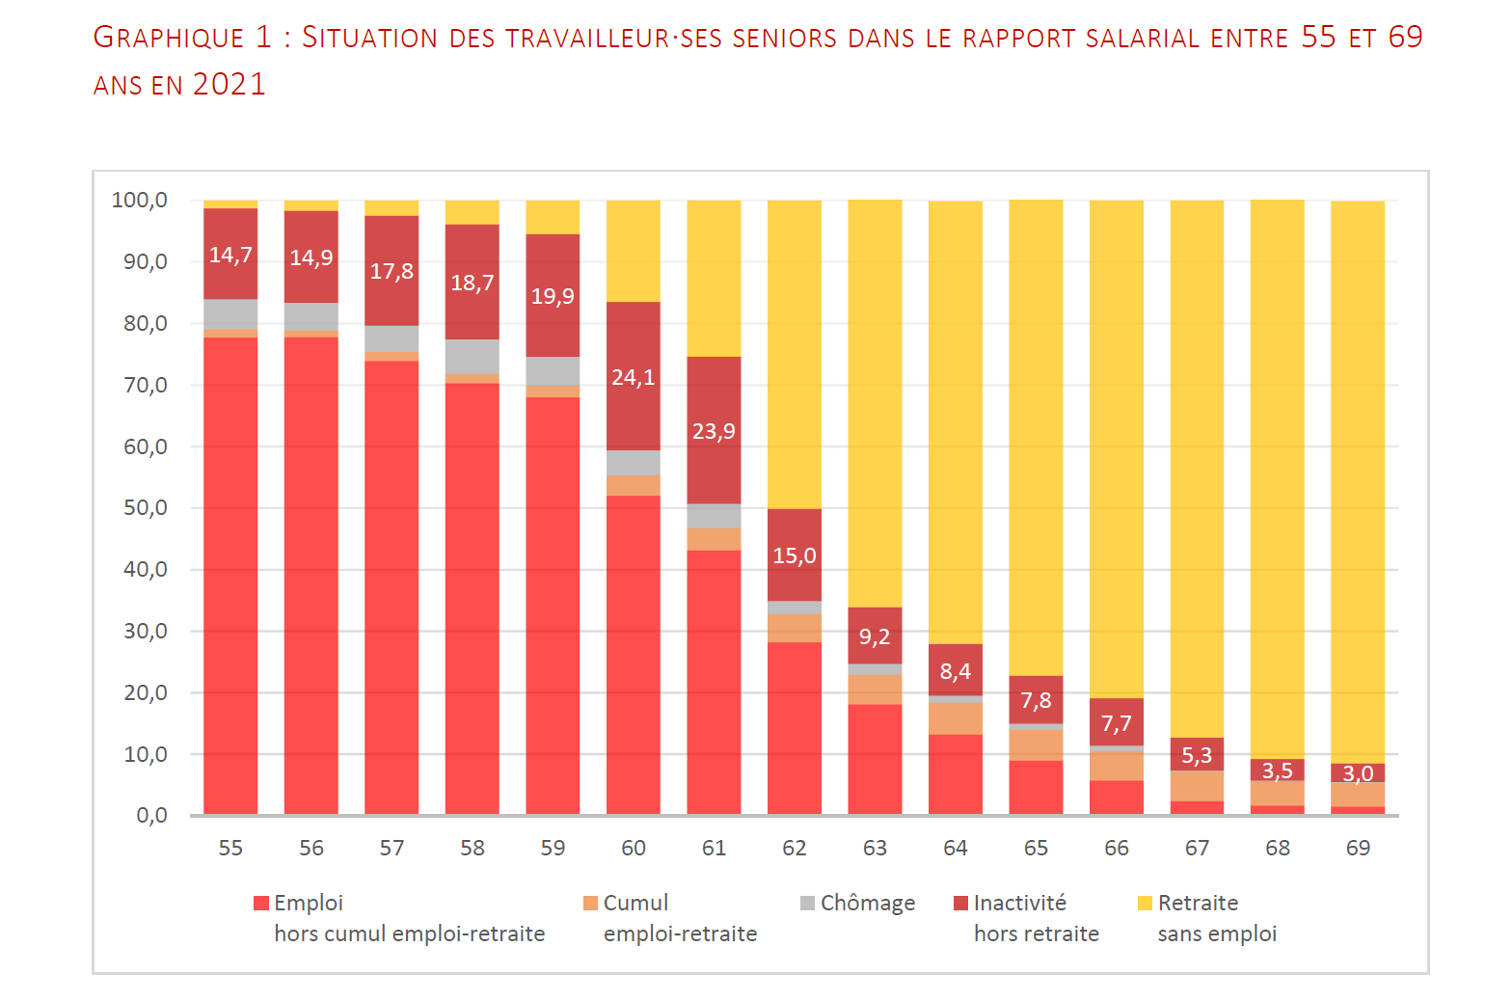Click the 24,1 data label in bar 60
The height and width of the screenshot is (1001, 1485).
pos(633,377)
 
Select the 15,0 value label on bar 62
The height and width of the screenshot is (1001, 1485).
pos(794,555)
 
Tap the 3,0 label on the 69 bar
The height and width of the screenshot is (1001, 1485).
pos(1358,773)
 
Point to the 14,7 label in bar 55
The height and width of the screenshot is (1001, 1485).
pos(230,255)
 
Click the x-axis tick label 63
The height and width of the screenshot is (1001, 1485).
pos(875,848)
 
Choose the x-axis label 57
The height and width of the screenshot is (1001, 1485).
pos(391,848)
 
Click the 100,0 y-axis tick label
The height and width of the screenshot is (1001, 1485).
pos(140,201)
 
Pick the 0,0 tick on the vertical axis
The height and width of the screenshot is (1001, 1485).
pos(151,816)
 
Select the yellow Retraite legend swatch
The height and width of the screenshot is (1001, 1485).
pos(1145,903)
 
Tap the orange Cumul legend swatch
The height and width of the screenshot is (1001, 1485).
pos(590,903)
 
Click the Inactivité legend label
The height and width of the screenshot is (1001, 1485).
pos(1019,903)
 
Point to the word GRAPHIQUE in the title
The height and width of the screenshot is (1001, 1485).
pos(169,38)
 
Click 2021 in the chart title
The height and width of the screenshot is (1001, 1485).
pos(229,85)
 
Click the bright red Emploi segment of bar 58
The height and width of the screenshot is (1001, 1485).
pos(472,598)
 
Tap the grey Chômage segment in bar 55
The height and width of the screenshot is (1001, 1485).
pos(230,314)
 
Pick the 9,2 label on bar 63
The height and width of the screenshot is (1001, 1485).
pos(875,636)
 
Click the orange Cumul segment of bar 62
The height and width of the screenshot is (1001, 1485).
pos(794,628)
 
